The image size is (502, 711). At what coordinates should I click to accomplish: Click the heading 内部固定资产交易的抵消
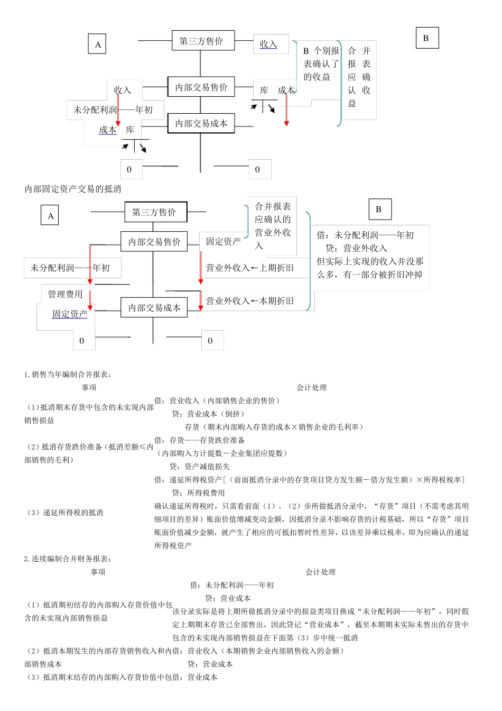pyautogui.click(x=73, y=189)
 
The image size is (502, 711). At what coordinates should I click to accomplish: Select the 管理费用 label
pyautogui.click(x=66, y=294)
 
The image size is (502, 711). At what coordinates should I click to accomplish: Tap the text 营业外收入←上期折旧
pyautogui.click(x=249, y=268)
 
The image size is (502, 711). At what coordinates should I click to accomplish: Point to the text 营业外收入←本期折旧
pyautogui.click(x=249, y=300)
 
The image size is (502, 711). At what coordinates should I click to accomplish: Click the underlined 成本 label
pyautogui.click(x=108, y=130)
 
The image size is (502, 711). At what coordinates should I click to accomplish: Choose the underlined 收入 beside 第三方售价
pyautogui.click(x=268, y=44)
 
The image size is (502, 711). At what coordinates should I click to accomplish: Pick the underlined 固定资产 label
pyautogui.click(x=70, y=314)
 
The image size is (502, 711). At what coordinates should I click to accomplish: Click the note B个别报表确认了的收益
pyautogui.click(x=321, y=64)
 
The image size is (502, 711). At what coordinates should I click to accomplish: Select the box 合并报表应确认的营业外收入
pyautogui.click(x=273, y=226)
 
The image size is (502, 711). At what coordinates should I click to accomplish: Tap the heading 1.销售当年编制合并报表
pyautogui.click(x=68, y=375)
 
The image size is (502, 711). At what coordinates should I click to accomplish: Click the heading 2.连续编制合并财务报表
pyautogui.click(x=68, y=559)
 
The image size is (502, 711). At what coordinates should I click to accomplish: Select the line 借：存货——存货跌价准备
pyautogui.click(x=200, y=440)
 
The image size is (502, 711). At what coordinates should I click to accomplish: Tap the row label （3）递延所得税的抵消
pyautogui.click(x=64, y=513)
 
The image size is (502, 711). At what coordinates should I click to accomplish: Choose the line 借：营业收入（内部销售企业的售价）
pyautogui.click(x=217, y=400)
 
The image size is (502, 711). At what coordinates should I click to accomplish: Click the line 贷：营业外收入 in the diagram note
pyautogui.click(x=356, y=248)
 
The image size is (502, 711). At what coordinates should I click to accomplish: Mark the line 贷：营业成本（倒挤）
pyautogui.click(x=208, y=414)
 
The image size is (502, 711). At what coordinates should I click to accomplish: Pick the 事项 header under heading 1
pyautogui.click(x=89, y=387)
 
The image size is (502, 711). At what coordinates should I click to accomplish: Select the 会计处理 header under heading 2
pyautogui.click(x=321, y=572)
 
